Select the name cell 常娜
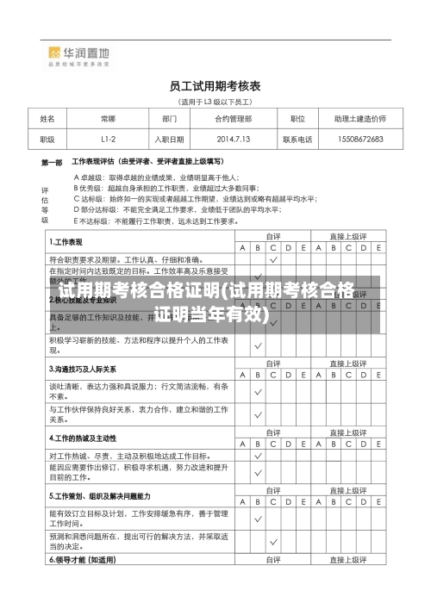108,119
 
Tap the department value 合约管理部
234,119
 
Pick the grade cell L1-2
108,138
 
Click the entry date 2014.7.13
234,138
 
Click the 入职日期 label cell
169,138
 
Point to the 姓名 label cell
47,119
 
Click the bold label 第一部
52,161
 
